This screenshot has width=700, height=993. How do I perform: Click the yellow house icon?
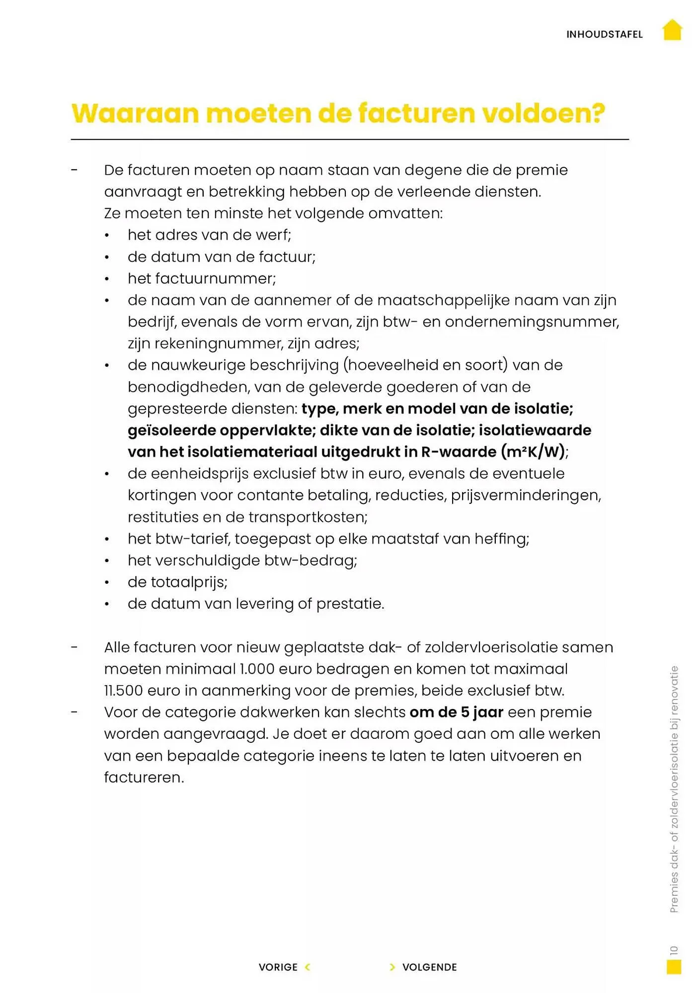coord(672,30)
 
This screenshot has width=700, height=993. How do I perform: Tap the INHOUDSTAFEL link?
coord(604,35)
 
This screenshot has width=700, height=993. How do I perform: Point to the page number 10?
coord(674,950)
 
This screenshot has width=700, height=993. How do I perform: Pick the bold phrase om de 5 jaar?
coord(456,712)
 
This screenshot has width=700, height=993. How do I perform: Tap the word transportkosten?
coord(308,517)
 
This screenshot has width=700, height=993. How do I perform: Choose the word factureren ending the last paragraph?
coord(143,778)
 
